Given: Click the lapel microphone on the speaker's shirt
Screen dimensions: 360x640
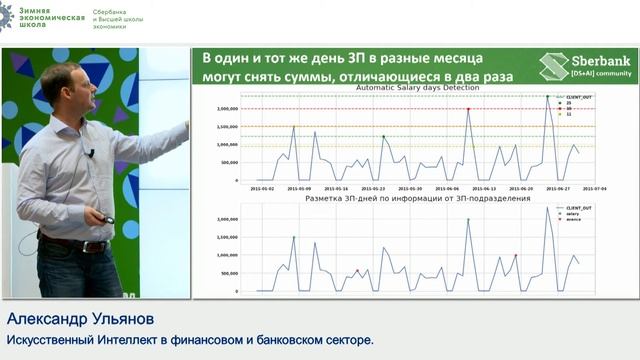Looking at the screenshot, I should click(x=91, y=153).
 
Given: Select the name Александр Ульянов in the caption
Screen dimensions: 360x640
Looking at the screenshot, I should click(x=67, y=320).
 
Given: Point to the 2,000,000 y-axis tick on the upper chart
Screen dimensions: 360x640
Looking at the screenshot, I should click(x=226, y=108).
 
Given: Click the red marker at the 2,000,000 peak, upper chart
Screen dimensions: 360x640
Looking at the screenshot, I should click(x=468, y=108).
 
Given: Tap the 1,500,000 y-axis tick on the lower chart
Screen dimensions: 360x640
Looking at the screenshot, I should click(x=226, y=218).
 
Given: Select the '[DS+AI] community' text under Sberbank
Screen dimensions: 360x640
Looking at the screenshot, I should click(x=601, y=73).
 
